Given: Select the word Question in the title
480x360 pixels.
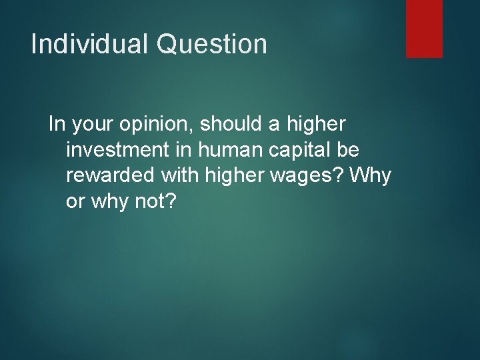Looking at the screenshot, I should tap(212, 45).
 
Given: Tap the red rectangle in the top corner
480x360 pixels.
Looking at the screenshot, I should tap(424, 28).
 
